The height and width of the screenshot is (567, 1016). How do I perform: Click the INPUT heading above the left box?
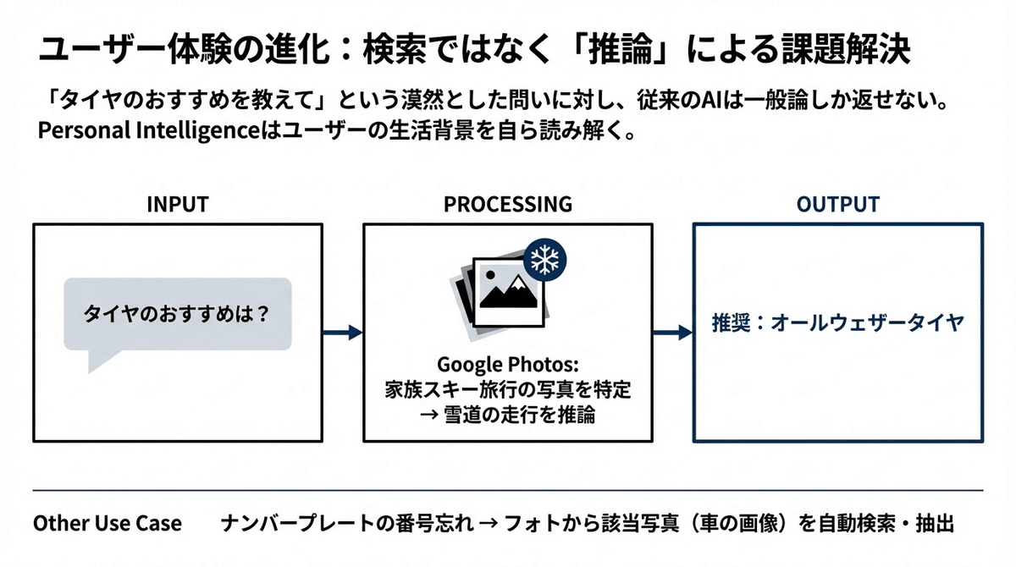pyautogui.click(x=177, y=204)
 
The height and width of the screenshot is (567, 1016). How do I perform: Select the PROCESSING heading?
pyautogui.click(x=507, y=204)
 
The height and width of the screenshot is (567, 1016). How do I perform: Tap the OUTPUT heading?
pyautogui.click(x=838, y=204)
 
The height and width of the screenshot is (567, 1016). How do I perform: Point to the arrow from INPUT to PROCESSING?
pyautogui.click(x=342, y=332)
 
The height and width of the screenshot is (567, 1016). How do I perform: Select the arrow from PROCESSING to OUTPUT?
pyautogui.click(x=673, y=332)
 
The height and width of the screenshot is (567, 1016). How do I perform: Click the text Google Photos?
pyautogui.click(x=507, y=365)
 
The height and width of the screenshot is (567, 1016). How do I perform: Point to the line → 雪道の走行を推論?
pyautogui.click(x=507, y=416)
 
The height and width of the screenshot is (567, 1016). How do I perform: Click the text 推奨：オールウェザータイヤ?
pyautogui.click(x=838, y=322)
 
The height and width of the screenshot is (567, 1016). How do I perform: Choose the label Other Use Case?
pyautogui.click(x=108, y=523)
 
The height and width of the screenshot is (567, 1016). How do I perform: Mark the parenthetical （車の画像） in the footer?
pyautogui.click(x=745, y=523)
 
